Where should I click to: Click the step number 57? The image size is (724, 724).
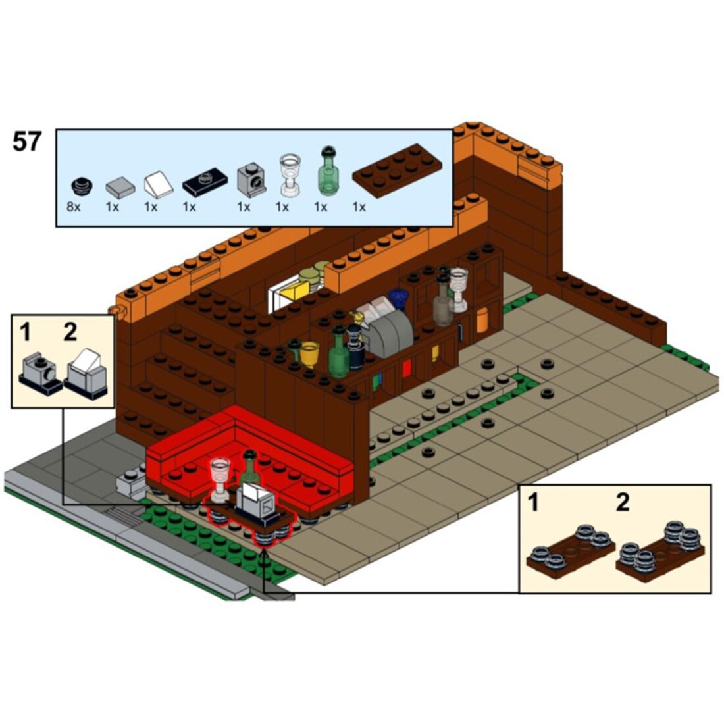click(27, 142)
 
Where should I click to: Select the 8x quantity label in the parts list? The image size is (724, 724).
click(74, 207)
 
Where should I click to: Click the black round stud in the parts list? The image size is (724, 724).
click(82, 186)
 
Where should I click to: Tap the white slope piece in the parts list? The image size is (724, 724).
click(159, 185)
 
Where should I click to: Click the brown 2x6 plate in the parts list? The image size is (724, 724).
click(397, 170)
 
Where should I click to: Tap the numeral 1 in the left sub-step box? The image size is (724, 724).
click(26, 332)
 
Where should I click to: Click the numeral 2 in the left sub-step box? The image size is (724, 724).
click(70, 332)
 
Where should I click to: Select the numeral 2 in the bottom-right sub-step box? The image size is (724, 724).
click(623, 502)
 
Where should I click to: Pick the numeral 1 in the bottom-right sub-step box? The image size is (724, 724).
click(533, 502)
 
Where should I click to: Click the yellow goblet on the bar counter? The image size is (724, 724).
click(309, 353)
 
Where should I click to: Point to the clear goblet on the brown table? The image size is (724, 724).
click(220, 479)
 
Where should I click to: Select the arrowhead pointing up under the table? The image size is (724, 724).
click(264, 552)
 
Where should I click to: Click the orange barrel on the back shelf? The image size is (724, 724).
click(481, 319)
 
